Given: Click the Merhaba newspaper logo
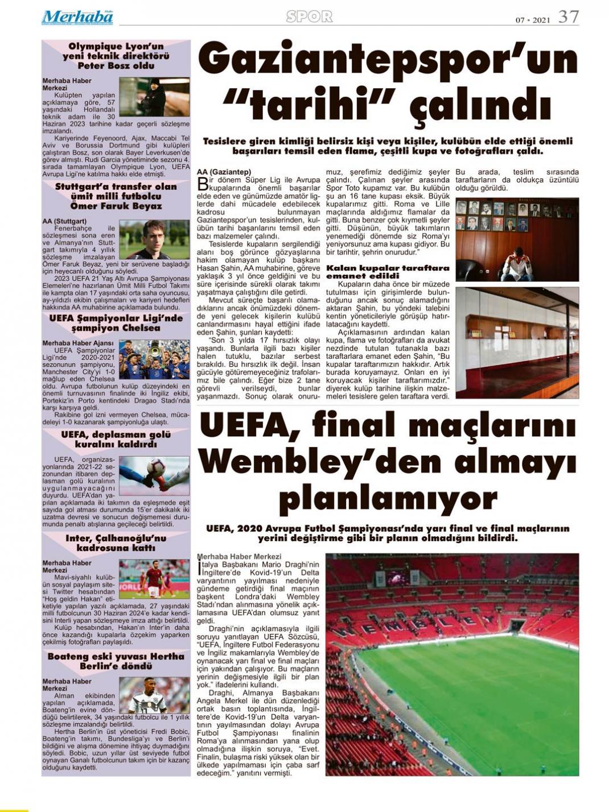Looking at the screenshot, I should (x=77, y=18).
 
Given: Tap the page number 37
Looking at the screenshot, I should (x=568, y=17).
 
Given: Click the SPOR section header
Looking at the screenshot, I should (x=309, y=17).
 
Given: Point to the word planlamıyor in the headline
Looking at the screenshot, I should (x=389, y=499).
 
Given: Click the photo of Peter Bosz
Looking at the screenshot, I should (x=154, y=97).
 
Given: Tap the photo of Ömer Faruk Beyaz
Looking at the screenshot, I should (x=154, y=239).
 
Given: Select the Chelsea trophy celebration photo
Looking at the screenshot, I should (x=154, y=360).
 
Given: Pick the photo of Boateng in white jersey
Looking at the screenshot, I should (x=154, y=695).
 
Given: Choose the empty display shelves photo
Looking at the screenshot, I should (x=517, y=342).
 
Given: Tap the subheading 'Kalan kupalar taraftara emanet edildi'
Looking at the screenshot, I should (x=388, y=272).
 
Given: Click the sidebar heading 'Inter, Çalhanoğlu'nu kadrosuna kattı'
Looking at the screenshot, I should (x=116, y=543).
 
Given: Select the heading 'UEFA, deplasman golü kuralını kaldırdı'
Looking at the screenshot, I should (x=116, y=439).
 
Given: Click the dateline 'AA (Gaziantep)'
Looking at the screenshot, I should (x=224, y=172).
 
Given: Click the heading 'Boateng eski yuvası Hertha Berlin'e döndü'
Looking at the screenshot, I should (x=116, y=661).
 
